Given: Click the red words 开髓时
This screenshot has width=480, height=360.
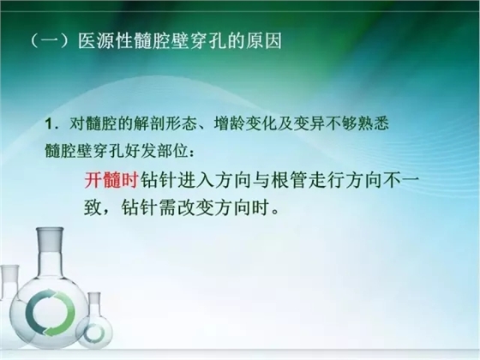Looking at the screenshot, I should pos(111,179).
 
